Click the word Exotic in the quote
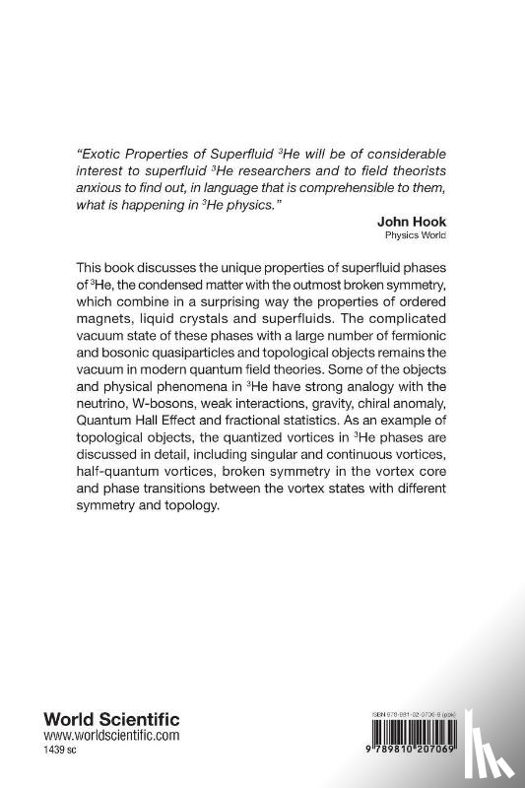click(98, 156)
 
